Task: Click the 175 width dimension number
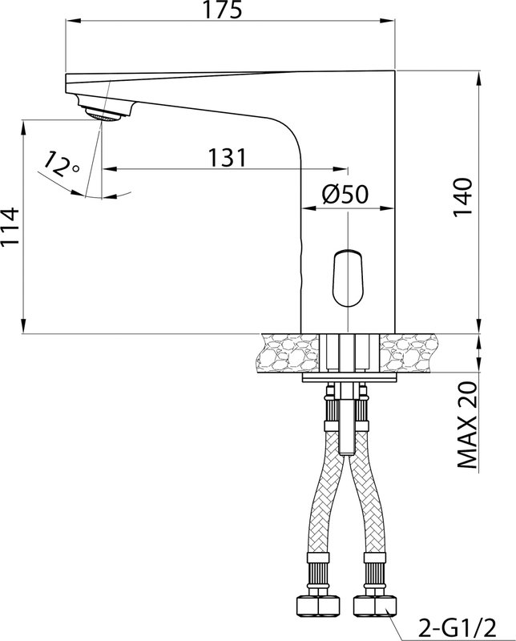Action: click(x=223, y=9)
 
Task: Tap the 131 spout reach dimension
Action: click(x=228, y=157)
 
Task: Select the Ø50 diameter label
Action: click(x=345, y=194)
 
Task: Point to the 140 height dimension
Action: click(x=463, y=198)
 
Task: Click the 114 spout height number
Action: click(x=10, y=226)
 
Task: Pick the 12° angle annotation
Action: click(x=61, y=164)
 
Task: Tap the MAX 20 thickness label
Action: click(x=466, y=425)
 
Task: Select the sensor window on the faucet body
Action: click(x=347, y=278)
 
